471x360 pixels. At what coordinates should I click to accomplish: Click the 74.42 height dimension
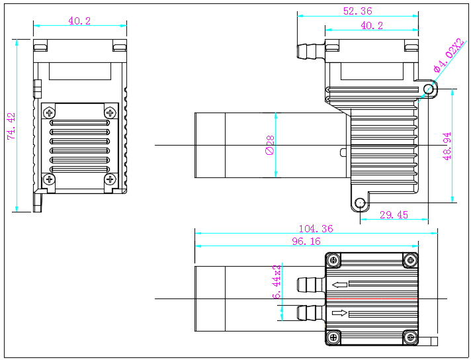click(x=11, y=125)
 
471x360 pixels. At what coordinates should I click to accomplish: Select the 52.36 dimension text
click(x=357, y=10)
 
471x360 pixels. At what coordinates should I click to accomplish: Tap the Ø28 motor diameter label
click(x=270, y=145)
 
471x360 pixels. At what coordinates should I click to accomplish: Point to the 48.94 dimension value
click(x=447, y=146)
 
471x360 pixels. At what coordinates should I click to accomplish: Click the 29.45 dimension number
click(x=394, y=215)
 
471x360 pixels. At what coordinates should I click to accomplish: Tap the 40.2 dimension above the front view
click(x=79, y=21)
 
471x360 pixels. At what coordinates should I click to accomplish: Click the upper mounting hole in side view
click(x=428, y=89)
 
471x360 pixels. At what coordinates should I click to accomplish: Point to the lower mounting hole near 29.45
click(x=360, y=202)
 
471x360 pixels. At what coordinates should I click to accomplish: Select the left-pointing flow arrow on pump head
click(x=340, y=285)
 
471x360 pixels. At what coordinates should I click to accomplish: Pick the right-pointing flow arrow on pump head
click(x=340, y=313)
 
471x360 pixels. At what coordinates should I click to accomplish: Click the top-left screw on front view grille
click(x=50, y=112)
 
